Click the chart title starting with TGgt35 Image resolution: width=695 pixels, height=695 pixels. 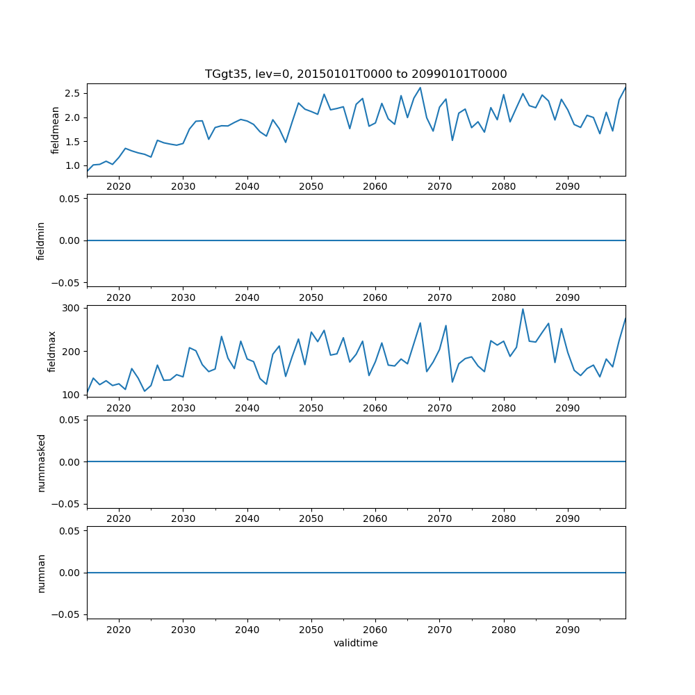pyautogui.click(x=356, y=74)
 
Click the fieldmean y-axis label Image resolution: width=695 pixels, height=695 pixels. pyautogui.click(x=55, y=129)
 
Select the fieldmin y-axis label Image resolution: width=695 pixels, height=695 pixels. pyautogui.click(x=41, y=240)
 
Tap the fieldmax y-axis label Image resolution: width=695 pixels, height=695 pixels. pyautogui.click(x=51, y=351)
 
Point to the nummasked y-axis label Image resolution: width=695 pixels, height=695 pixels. pyautogui.click(x=41, y=462)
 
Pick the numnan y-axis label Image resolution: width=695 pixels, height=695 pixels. pyautogui.click(x=41, y=573)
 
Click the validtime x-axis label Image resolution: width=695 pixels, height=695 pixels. pyautogui.click(x=356, y=643)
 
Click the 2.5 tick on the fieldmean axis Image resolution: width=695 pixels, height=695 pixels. pyautogui.click(x=72, y=93)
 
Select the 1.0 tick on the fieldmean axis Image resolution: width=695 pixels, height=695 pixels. pyautogui.click(x=72, y=165)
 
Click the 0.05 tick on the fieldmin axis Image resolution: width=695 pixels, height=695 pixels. pyautogui.click(x=69, y=199)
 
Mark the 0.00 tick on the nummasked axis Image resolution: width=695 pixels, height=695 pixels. pyautogui.click(x=69, y=462)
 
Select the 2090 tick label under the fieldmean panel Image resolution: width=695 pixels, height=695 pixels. pyautogui.click(x=568, y=186)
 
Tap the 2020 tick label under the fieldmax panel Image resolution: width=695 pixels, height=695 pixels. pyautogui.click(x=119, y=408)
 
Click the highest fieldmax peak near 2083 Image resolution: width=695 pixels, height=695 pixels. pyautogui.click(x=523, y=309)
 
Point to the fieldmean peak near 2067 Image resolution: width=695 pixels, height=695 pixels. pyautogui.click(x=420, y=88)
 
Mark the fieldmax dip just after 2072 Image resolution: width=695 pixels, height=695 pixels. pyautogui.click(x=452, y=382)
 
